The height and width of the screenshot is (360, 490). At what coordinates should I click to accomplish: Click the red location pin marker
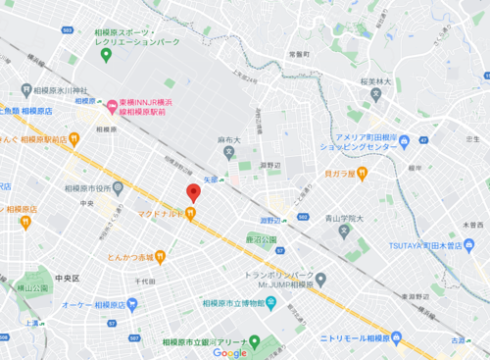click(193, 192)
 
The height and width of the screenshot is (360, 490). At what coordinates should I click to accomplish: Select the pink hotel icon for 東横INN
click(113, 104)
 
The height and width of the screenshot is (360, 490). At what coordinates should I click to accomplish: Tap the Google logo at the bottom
click(230, 353)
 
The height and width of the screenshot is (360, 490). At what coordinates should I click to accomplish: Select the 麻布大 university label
click(229, 141)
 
